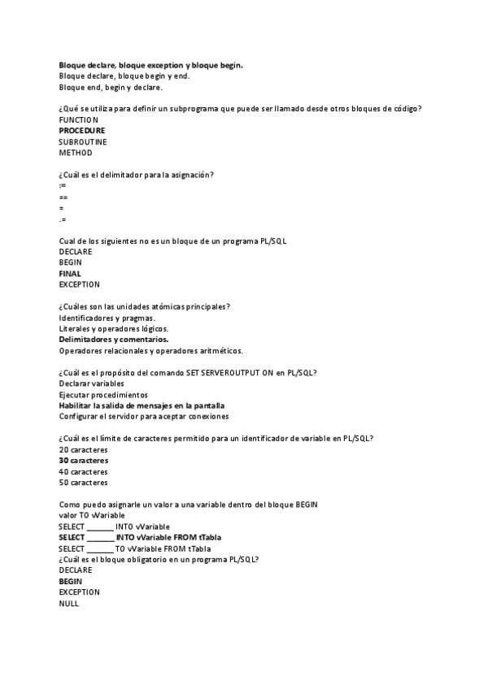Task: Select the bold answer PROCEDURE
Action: coord(81,130)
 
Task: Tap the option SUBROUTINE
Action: coord(82,141)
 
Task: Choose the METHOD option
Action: coord(76,152)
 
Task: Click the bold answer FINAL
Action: coord(70,274)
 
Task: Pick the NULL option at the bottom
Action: coord(68,604)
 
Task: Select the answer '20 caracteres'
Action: coord(83,449)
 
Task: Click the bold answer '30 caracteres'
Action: coord(83,461)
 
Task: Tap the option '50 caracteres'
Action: coord(83,483)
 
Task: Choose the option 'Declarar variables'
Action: coord(91,383)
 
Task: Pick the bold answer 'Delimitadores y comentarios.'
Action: coord(114,340)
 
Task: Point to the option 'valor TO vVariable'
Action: coord(92,515)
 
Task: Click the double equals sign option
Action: coord(63,197)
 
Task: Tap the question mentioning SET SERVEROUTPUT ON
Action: coord(188,372)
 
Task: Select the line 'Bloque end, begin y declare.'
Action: coord(111,87)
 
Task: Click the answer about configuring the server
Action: coord(143,416)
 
